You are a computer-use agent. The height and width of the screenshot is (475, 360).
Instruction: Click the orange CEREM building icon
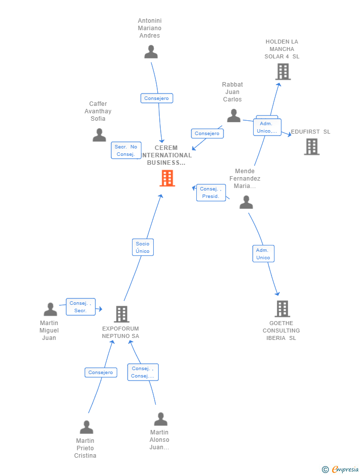point(167,178)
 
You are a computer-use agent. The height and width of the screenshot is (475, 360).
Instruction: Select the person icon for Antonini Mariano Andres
point(151,52)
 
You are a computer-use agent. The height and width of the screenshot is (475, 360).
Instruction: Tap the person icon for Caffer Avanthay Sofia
point(99,135)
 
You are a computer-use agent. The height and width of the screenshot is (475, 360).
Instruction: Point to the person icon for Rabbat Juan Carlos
point(233,116)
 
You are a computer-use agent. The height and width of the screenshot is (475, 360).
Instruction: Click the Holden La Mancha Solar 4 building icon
point(282,72)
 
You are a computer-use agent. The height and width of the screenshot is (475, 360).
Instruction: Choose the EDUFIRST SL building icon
point(312,146)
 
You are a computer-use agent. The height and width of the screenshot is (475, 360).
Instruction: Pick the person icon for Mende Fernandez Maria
point(246,202)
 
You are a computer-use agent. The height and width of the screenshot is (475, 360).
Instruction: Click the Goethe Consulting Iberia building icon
point(282,309)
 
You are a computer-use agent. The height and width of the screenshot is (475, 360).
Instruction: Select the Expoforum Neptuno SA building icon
point(121,314)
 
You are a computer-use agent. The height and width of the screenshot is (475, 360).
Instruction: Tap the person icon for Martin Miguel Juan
point(50,310)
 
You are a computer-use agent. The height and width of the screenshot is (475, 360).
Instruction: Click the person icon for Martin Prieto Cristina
point(87,427)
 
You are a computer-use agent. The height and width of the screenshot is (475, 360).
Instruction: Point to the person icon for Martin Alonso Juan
point(160,419)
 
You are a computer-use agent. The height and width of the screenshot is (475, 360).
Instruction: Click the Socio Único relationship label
point(142,247)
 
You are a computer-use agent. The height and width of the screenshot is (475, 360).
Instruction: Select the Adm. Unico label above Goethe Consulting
point(263,254)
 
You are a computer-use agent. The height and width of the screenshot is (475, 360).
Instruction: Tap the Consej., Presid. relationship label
point(211,192)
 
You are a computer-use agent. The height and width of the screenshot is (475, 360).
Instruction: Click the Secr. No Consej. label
point(126,150)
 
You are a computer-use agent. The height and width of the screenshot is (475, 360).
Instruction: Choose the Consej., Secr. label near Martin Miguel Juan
point(81,307)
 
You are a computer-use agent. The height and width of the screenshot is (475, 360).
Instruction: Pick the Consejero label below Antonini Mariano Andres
point(156,98)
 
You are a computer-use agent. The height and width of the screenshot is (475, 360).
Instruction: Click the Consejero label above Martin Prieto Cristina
point(101,372)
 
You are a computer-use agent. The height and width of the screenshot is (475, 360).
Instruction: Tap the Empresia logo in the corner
point(341,469)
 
